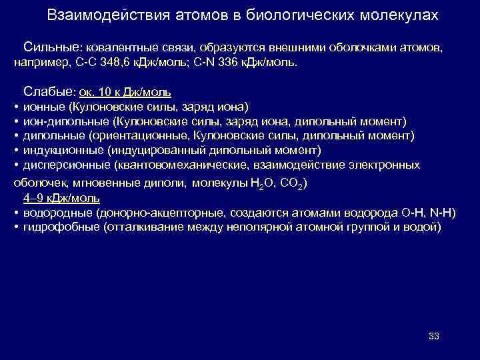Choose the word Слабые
coord(49,91)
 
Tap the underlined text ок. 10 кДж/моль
coord(130,92)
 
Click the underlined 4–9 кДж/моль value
coord(61,197)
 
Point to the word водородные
coord(56,213)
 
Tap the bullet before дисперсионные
coord(15,165)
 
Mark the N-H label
coord(440,213)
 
